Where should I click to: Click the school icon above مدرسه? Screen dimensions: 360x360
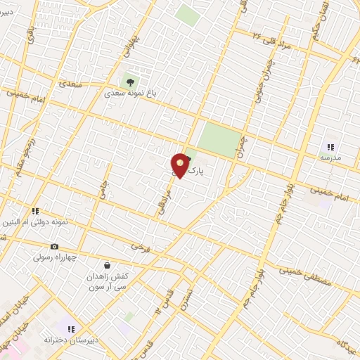(330, 147)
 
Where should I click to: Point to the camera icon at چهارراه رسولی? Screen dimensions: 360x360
(54, 246)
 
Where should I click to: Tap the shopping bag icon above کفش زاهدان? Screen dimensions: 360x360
(107, 265)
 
